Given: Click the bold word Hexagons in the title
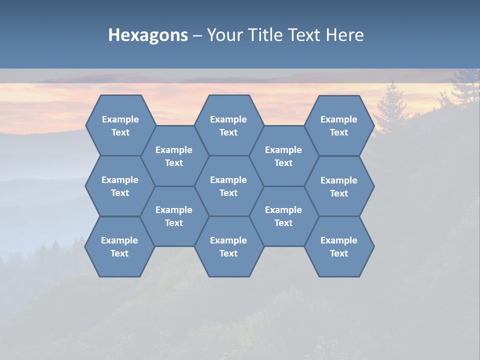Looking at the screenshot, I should click(x=148, y=35).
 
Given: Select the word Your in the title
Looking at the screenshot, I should click(x=223, y=35).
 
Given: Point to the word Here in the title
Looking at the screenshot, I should click(x=344, y=35).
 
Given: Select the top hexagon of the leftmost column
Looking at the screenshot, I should click(x=120, y=125).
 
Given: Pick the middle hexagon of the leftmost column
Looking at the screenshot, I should click(x=120, y=186).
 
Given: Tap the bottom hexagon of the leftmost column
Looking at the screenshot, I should click(x=119, y=246).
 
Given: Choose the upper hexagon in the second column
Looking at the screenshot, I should click(x=174, y=156).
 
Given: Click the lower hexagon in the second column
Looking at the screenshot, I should click(x=174, y=216).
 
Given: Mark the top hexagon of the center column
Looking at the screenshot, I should click(x=228, y=125).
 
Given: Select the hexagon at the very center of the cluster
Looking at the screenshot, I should click(x=228, y=186).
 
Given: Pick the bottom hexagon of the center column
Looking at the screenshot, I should click(x=228, y=246).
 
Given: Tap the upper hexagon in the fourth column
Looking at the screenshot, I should click(x=283, y=156).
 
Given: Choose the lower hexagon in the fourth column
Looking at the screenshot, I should click(x=283, y=216).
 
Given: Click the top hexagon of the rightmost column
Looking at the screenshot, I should click(x=339, y=125).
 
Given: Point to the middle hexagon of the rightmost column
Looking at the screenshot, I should click(x=339, y=186).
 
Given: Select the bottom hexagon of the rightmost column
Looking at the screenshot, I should click(x=339, y=246).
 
